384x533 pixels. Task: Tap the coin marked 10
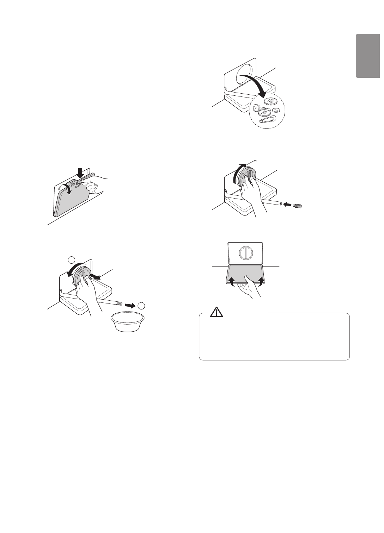point(264,112)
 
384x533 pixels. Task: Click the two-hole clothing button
point(276,110)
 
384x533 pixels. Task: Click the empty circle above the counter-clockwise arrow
point(72,260)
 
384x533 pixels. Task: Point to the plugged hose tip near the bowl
point(119,303)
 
